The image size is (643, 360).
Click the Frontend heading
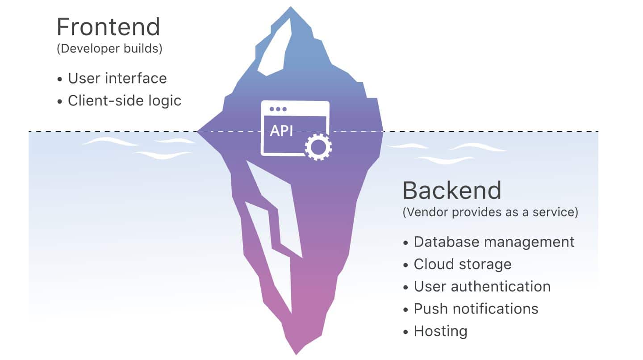click(108, 27)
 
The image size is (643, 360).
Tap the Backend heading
click(452, 191)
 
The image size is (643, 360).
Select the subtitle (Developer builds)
click(109, 48)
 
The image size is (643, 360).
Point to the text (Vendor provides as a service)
click(490, 212)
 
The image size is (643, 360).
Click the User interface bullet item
click(117, 78)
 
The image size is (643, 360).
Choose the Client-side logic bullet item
click(125, 100)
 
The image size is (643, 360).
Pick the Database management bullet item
click(494, 242)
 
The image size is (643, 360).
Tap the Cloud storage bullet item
click(462, 264)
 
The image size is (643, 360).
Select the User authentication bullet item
click(482, 287)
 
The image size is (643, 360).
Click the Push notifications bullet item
click(476, 309)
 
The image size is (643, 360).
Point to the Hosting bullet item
click(440, 331)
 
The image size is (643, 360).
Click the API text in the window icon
click(281, 131)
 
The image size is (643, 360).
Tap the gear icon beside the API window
click(318, 146)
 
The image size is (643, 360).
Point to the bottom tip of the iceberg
click(296, 353)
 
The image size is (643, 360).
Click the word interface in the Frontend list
click(136, 78)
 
